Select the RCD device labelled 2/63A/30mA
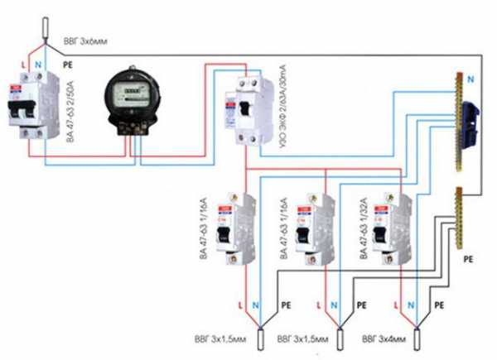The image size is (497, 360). tap(248, 108)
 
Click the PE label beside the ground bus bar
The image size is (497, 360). tap(468, 258)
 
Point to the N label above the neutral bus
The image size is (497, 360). tap(470, 80)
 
